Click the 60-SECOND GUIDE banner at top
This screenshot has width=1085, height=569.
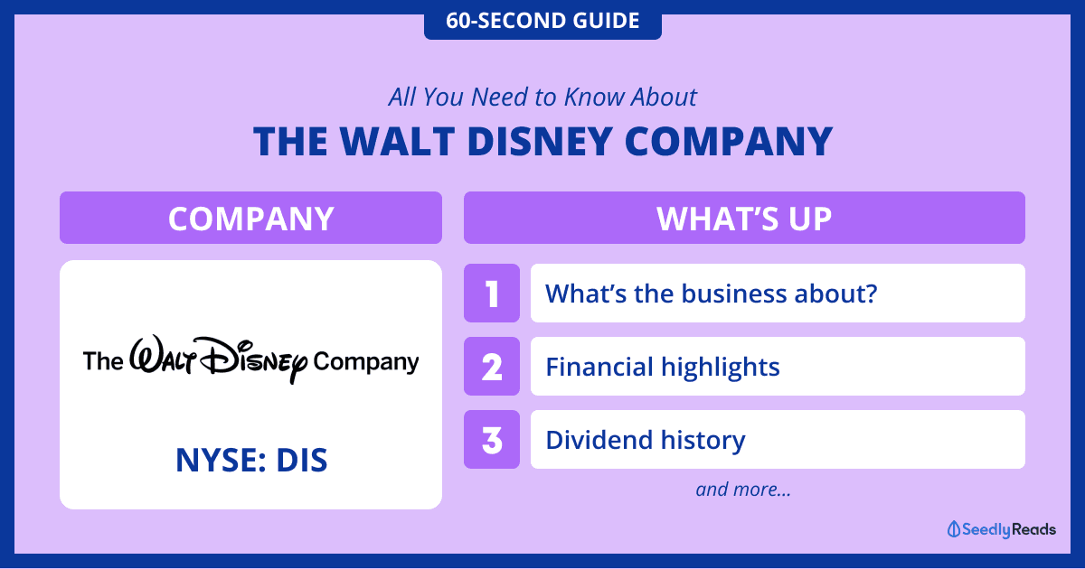click(x=542, y=20)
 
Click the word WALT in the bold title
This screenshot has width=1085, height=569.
click(x=397, y=141)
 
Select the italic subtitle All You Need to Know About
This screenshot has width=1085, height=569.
click(x=542, y=97)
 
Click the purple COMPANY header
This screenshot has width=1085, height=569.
click(x=251, y=218)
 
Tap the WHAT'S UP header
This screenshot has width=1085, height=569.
click(x=744, y=218)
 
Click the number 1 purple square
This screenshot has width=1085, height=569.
click(x=492, y=294)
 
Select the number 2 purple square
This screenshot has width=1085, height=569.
click(x=492, y=367)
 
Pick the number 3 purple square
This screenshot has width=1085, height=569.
click(x=492, y=439)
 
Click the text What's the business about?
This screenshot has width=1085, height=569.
click(x=711, y=294)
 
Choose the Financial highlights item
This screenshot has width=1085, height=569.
click(x=663, y=367)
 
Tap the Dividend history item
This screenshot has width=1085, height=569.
click(x=646, y=440)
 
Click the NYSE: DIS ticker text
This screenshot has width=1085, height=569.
click(x=251, y=460)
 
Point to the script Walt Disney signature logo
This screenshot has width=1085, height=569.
click(x=218, y=359)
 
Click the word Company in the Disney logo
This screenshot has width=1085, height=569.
click(x=365, y=363)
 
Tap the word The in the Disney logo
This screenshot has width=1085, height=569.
click(x=103, y=361)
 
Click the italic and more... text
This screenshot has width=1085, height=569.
click(x=743, y=490)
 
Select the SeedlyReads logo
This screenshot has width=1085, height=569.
click(x=1001, y=529)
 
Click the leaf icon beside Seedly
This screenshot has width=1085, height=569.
click(x=953, y=529)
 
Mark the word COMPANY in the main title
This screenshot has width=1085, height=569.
click(x=729, y=141)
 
